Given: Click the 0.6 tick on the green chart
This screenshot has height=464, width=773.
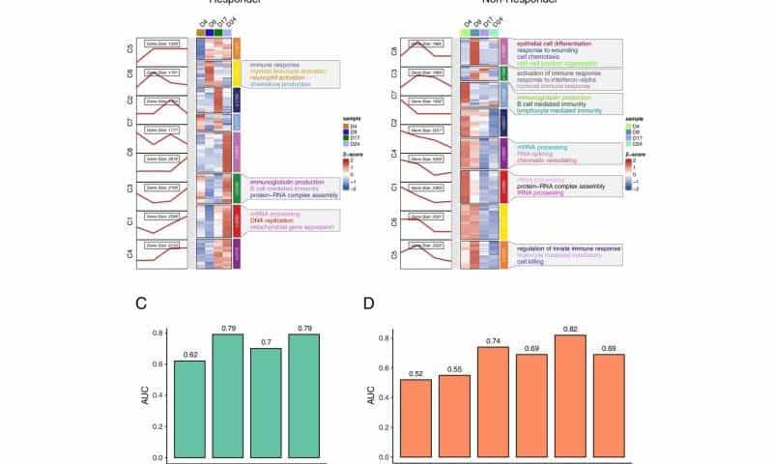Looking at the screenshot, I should point(155,363).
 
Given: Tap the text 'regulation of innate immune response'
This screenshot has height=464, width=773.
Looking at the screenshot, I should point(569,248).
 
